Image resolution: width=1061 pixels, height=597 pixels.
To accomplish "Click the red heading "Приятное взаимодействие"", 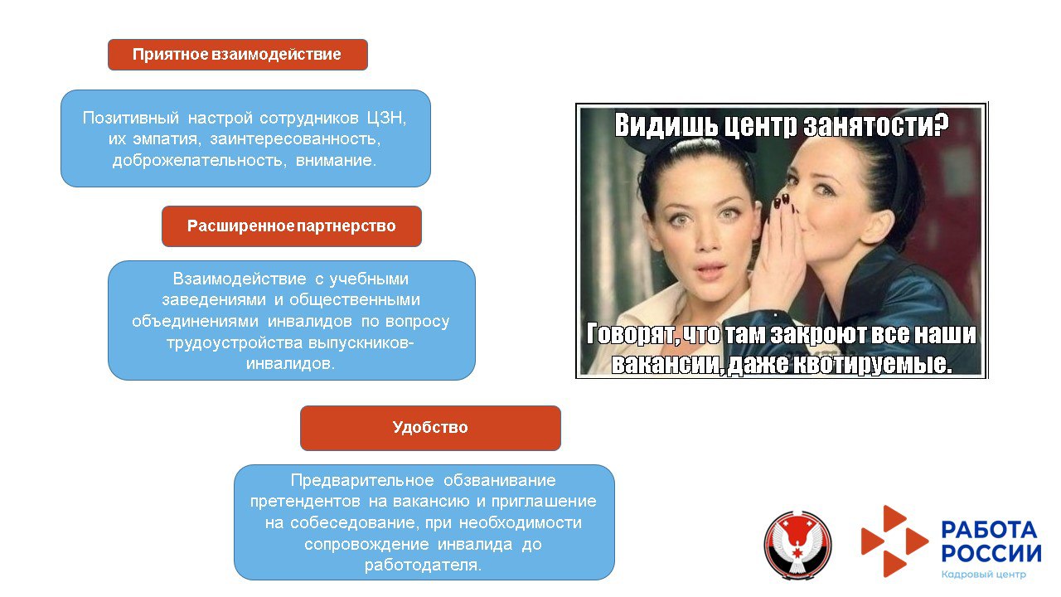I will tap(237, 55).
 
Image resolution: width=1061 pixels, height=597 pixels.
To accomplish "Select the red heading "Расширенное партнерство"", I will tap(291, 226).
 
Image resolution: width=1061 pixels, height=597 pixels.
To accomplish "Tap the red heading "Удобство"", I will tap(430, 428).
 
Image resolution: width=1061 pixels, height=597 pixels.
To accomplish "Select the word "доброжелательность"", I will tap(200, 161).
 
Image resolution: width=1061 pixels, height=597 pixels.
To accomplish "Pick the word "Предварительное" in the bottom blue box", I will tap(362, 481).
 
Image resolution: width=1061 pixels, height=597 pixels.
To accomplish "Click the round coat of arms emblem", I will tap(797, 545).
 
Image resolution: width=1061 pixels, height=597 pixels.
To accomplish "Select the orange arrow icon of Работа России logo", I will tap(894, 541).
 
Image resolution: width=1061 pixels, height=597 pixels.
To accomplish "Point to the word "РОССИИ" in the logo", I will tap(991, 553).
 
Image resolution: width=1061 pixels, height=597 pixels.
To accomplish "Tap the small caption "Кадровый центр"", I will tap(983, 575).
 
